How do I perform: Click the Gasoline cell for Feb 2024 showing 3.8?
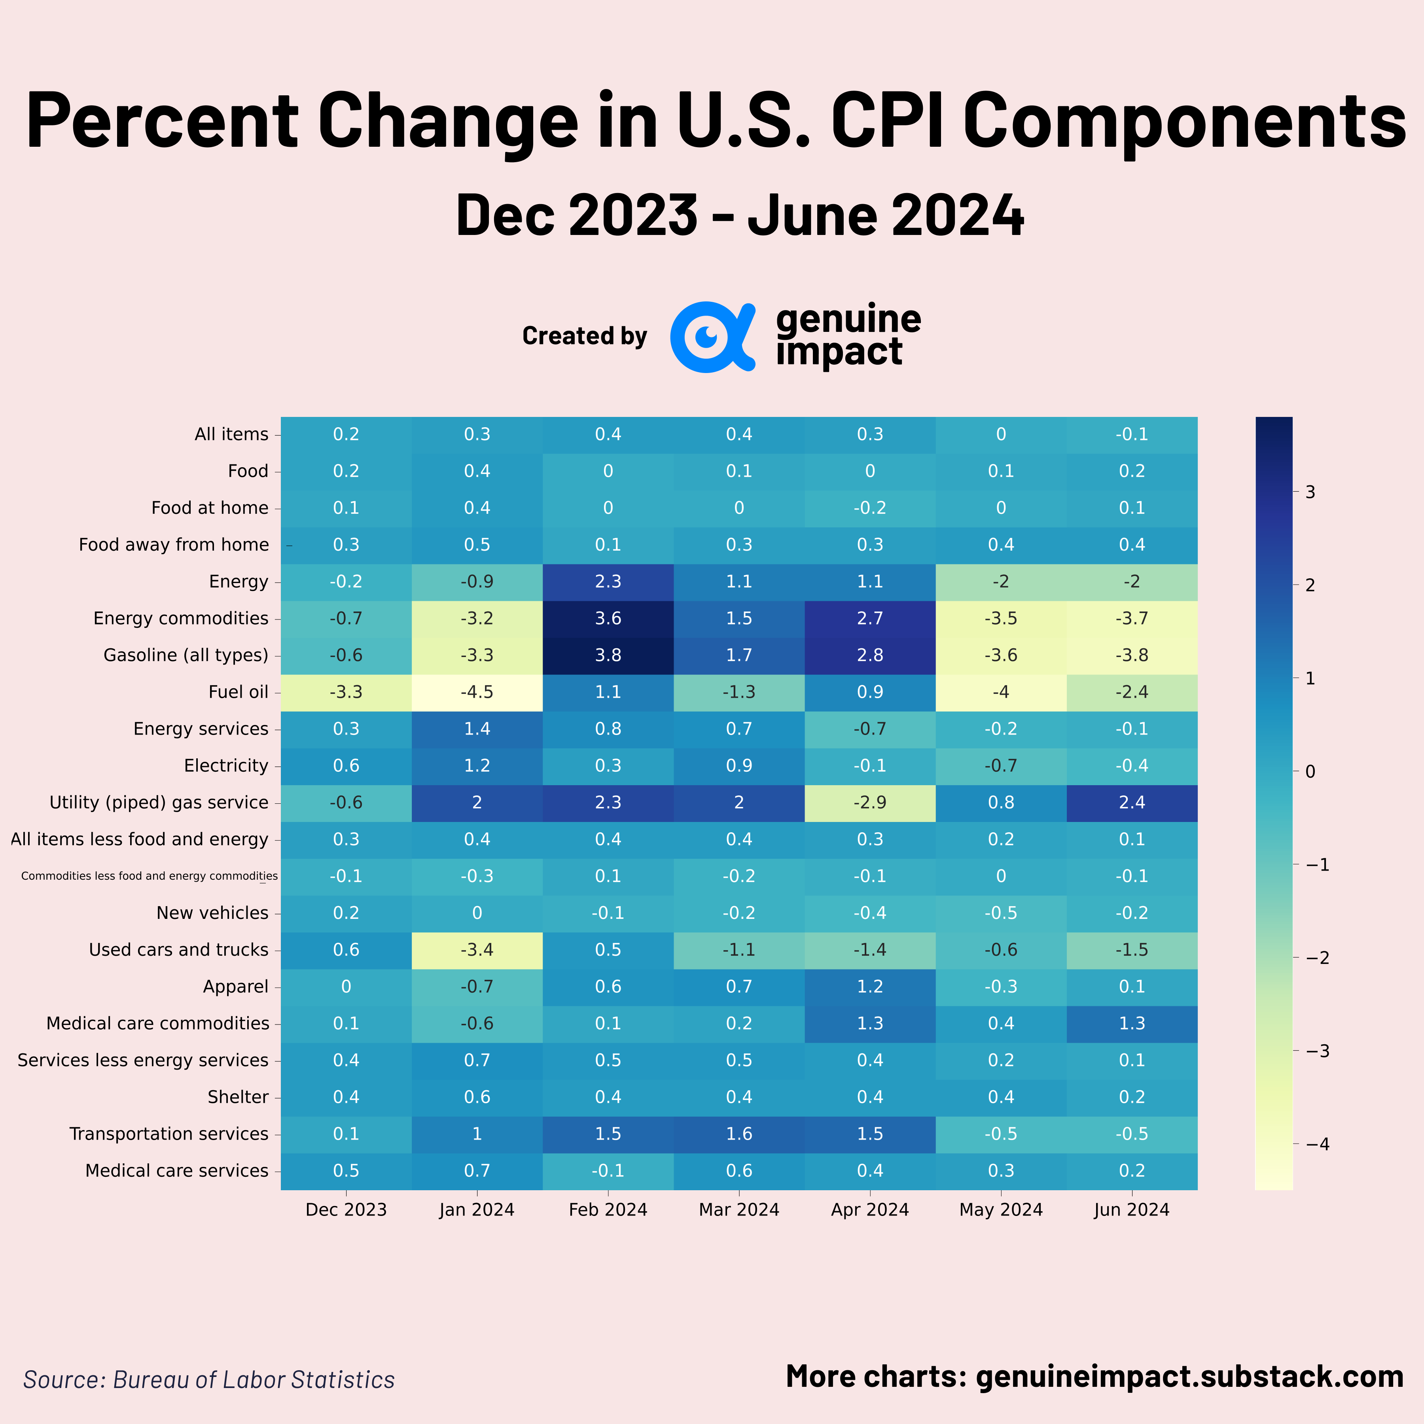608,655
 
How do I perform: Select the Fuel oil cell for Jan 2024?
477,692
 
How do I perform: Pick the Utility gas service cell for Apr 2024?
870,803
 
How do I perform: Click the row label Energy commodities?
181,618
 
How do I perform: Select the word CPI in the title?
888,120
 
